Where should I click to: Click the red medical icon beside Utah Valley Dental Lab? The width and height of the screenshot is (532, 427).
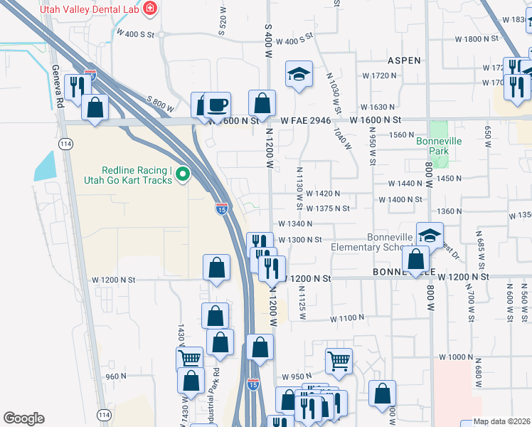150,8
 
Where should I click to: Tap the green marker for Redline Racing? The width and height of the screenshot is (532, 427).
182,173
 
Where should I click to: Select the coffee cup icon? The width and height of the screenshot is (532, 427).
217,105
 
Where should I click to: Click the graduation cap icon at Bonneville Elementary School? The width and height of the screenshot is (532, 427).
430,235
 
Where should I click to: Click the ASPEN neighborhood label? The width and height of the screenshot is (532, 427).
404,60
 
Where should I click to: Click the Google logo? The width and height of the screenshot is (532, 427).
23,418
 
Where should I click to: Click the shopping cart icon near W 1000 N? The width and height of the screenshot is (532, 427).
339,361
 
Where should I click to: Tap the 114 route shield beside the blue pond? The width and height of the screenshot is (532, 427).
65,144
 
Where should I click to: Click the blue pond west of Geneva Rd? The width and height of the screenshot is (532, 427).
44,166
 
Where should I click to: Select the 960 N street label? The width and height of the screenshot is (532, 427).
115,376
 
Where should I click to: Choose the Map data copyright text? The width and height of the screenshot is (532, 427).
501,421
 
